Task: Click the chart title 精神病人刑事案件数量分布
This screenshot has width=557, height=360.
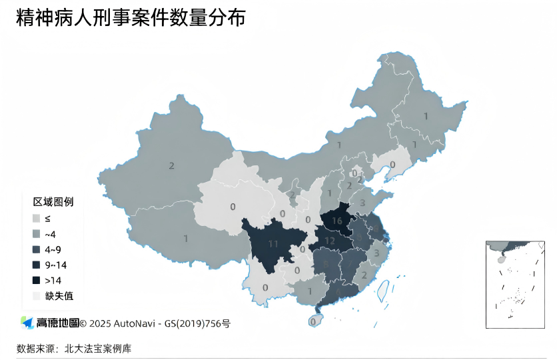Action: pyautogui.click(x=131, y=19)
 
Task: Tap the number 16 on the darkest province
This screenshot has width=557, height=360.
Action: pyautogui.click(x=337, y=221)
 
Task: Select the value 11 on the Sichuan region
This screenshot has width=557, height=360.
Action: pyautogui.click(x=273, y=244)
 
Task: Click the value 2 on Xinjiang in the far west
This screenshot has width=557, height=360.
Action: pyautogui.click(x=172, y=165)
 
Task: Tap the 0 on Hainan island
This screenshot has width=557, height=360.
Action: pyautogui.click(x=313, y=322)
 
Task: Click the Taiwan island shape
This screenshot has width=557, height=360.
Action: pyautogui.click(x=383, y=290)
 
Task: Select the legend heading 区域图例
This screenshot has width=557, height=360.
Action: pyautogui.click(x=53, y=201)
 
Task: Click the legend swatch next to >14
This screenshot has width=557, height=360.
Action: pyautogui.click(x=37, y=281)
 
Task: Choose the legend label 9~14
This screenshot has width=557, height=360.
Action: pyautogui.click(x=55, y=265)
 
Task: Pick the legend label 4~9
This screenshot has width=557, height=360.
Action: pyautogui.click(x=53, y=250)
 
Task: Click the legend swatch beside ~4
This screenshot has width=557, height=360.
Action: pyautogui.click(x=37, y=234)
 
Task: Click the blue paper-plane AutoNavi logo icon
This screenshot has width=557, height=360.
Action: pyautogui.click(x=27, y=323)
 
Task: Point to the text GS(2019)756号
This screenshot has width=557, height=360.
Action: pyautogui.click(x=199, y=324)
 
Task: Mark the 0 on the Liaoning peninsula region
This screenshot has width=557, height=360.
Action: pyautogui.click(x=392, y=165)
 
